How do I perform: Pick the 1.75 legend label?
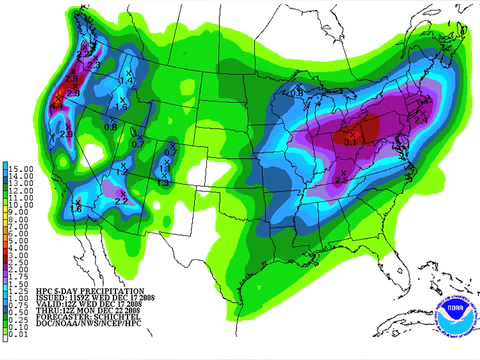[x=17, y=276]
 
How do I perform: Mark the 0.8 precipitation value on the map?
[x=109, y=127]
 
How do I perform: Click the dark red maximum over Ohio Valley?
[x=355, y=131]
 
